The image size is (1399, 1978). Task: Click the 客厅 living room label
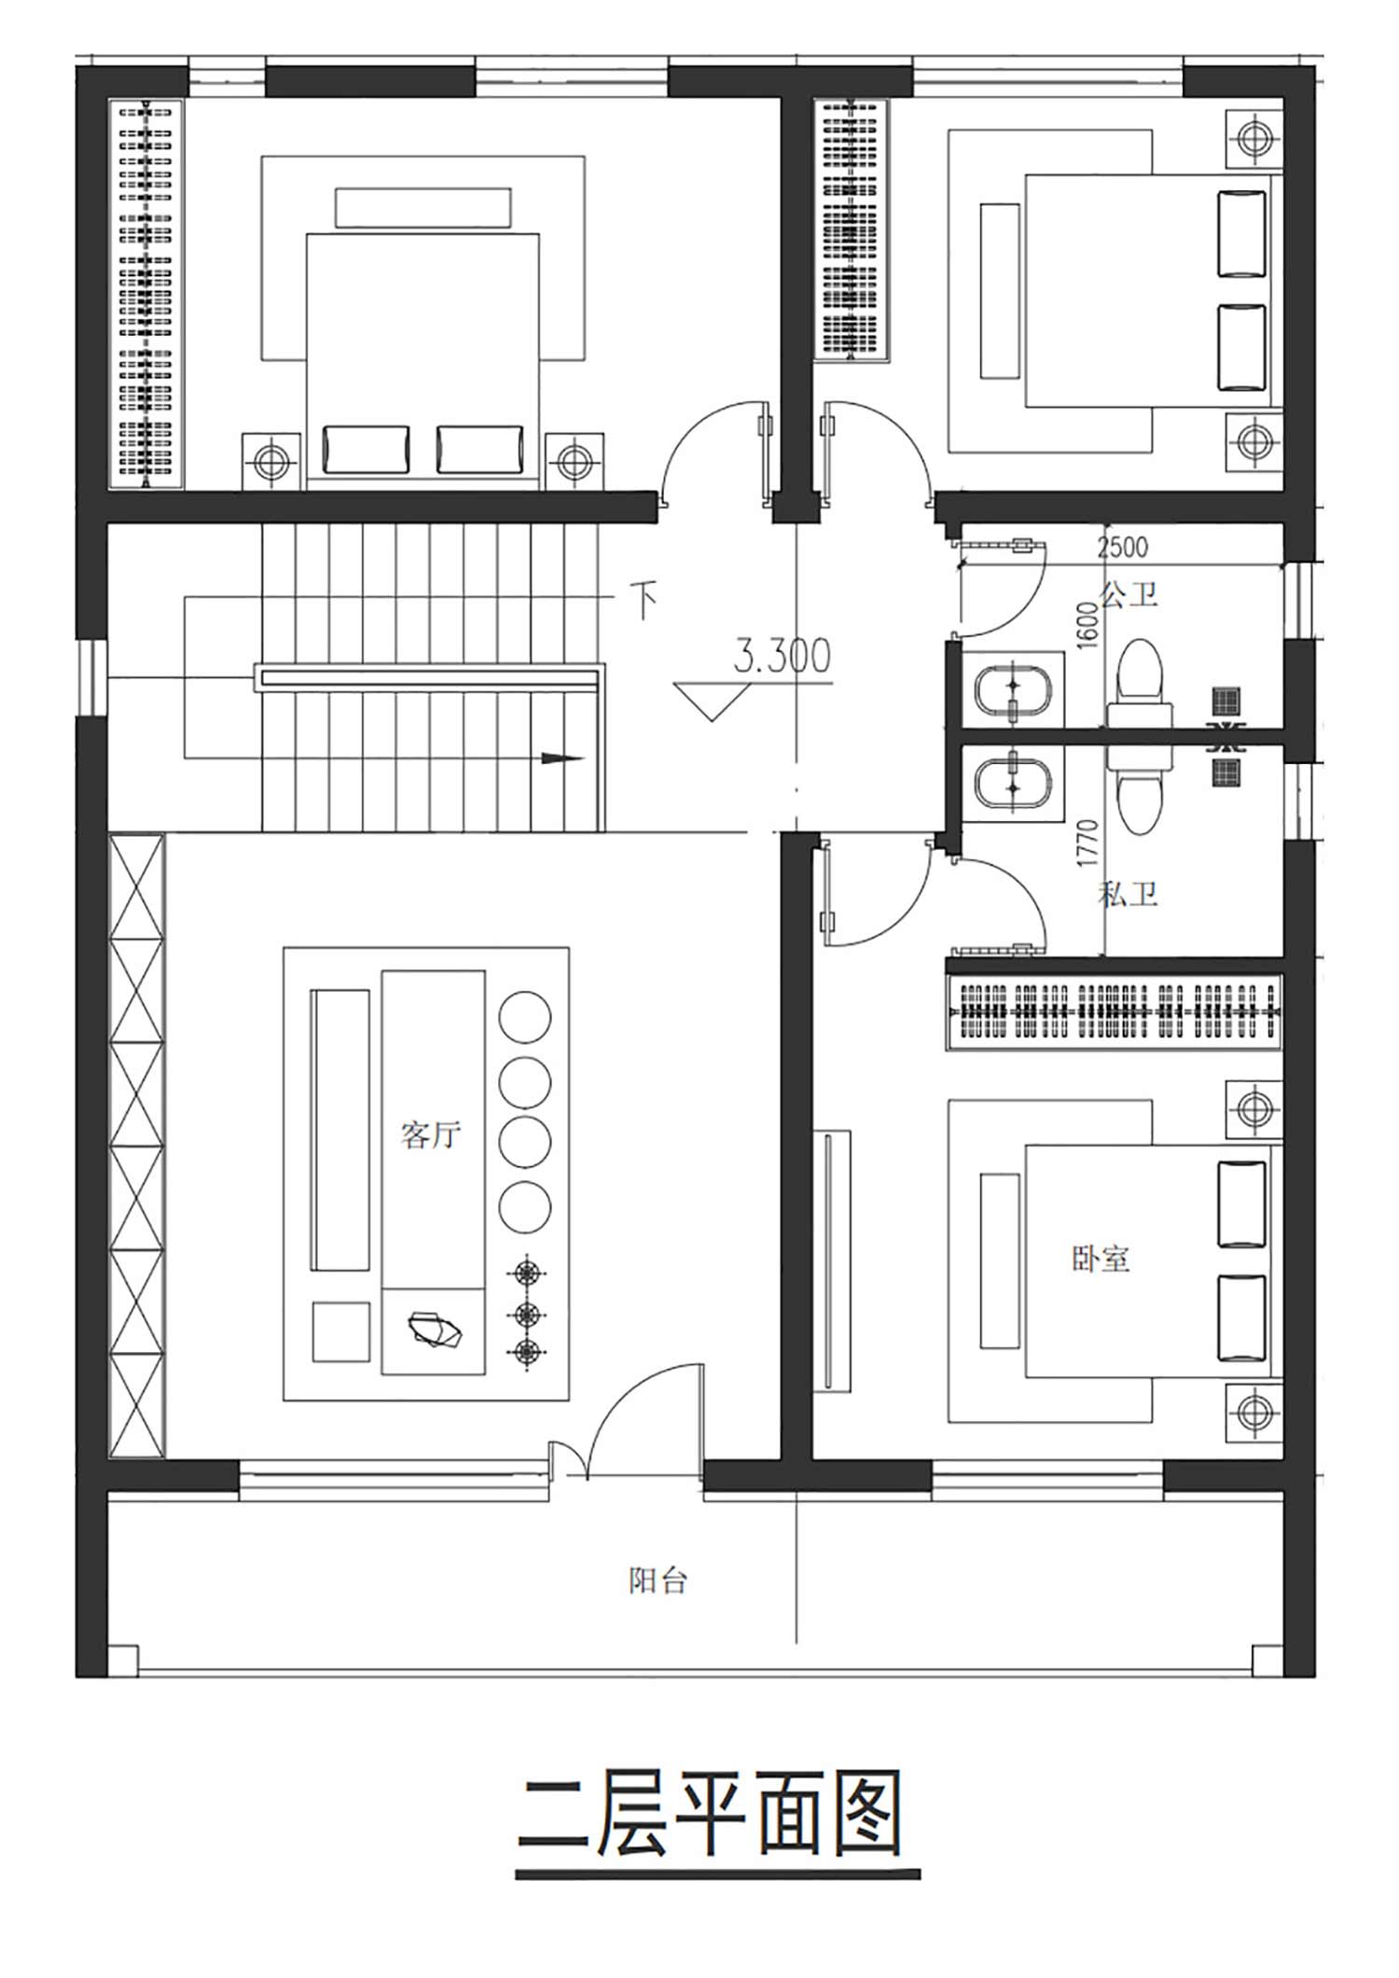430,1135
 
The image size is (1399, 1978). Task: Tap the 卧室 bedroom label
1101,1259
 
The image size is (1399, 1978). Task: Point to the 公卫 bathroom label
1129,594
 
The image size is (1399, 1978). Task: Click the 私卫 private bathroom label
1128,894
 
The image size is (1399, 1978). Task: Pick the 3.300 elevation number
782,657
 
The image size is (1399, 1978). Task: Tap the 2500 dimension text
1122,547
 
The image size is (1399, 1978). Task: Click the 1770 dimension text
1087,843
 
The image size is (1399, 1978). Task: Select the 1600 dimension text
1087,626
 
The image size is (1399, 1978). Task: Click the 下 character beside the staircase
644,600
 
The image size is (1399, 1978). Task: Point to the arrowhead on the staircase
563,759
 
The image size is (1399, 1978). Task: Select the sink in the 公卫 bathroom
1013,690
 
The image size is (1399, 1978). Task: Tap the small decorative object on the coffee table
435,1330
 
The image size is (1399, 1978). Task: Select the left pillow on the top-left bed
366,450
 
